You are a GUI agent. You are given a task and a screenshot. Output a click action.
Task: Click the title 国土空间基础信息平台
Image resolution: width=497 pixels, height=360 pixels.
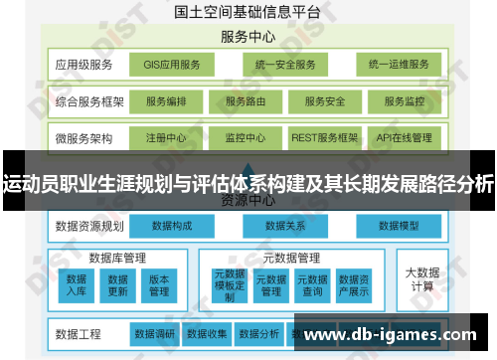248,13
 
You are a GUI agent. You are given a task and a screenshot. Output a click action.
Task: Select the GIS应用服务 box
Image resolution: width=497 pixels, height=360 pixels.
171,66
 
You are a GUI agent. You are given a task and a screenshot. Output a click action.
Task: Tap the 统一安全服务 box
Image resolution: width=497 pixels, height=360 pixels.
284,66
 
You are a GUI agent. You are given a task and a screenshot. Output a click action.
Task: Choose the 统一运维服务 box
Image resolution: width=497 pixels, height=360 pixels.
399,66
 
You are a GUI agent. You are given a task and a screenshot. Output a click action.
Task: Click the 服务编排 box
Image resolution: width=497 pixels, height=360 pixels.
172,101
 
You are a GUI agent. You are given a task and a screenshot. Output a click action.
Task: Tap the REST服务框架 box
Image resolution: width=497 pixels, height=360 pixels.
323,137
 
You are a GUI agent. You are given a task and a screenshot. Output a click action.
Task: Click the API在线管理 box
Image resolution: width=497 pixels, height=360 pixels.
405,137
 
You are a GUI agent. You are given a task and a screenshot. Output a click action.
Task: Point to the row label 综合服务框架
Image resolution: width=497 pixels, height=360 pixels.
88,101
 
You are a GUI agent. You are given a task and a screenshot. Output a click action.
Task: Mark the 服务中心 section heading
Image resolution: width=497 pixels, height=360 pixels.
248,37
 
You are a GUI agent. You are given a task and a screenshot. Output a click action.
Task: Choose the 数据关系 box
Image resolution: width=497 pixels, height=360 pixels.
284,227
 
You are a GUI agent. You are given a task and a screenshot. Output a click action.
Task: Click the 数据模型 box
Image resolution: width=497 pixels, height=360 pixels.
399,227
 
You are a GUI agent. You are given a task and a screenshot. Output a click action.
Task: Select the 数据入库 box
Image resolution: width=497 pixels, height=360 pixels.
77,284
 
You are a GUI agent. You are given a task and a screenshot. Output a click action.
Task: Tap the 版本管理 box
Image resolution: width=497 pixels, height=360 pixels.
159,284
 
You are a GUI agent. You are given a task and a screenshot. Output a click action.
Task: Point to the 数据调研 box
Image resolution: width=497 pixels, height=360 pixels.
154,333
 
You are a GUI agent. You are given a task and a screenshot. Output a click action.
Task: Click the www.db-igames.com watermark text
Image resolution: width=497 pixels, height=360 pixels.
398,334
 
